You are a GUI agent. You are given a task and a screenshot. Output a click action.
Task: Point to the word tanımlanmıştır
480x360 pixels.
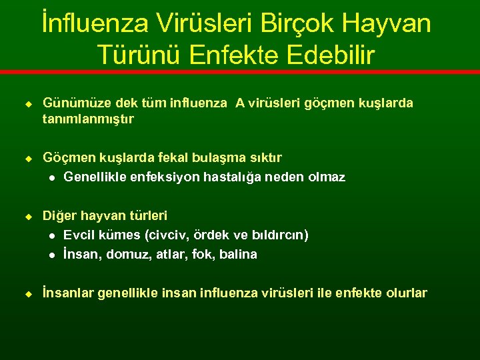(88, 119)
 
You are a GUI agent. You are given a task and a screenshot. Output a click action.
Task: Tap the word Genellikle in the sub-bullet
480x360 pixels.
(95, 177)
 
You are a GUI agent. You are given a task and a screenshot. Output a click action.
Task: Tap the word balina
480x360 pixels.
(238, 254)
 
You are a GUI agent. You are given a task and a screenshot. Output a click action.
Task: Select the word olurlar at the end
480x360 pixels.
(406, 293)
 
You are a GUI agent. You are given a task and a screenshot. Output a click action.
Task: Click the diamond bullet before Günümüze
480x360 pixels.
(29, 104)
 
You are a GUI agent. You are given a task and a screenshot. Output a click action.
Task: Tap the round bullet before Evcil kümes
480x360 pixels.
(51, 236)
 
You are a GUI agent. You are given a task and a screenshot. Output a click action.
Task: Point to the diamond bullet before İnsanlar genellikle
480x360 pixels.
(29, 293)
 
